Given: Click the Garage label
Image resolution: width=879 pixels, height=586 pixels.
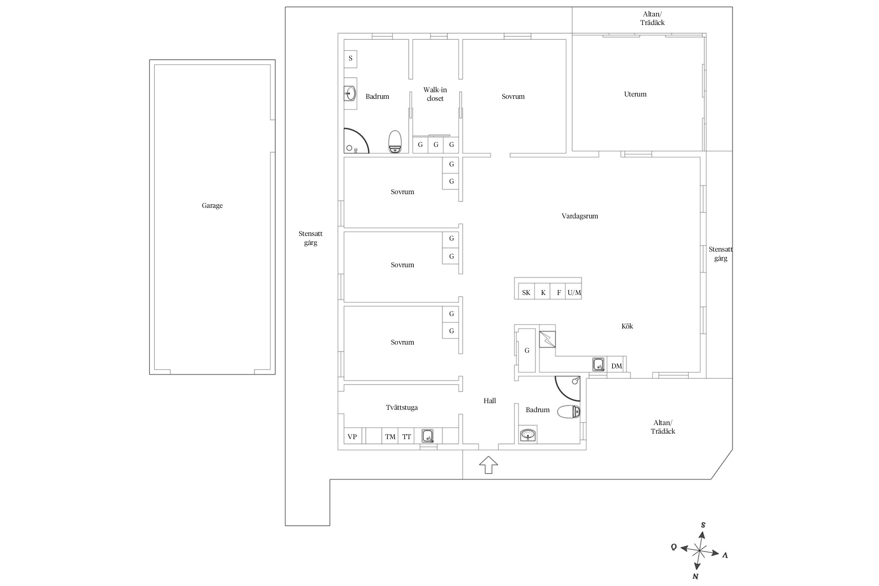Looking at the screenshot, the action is coord(212,206).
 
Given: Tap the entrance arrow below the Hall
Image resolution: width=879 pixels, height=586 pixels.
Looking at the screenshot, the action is coord(488,465).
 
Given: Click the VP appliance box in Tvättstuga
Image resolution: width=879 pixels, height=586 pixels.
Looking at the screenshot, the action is coord(352,436).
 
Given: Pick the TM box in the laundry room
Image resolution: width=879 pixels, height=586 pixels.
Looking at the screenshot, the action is coord(390,436).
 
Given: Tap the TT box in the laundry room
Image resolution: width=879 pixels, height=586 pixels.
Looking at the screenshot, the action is coord(407,436).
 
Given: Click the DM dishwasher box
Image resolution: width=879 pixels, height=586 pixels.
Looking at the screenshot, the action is coord(616,366).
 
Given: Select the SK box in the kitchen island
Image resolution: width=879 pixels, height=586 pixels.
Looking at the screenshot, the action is coord(526,293).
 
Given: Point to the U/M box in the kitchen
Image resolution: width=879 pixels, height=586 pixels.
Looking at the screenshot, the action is coord(574,293).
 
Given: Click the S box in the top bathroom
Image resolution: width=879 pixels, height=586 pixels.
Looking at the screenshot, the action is coord(350,59).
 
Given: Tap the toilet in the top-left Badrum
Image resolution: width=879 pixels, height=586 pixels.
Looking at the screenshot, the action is coord(395,141).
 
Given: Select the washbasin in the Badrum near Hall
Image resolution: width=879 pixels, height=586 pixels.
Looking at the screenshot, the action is coord(528,434).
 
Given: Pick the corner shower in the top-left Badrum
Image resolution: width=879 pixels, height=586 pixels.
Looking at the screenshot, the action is coord(356,141).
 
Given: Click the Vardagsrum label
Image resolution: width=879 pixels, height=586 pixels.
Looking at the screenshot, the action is coord(580,216).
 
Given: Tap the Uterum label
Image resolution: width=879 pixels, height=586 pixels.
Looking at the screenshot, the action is coord(635,94).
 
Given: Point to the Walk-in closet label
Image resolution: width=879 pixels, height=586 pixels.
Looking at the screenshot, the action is coord(435,94).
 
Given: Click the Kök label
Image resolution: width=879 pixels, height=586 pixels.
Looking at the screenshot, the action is coord(627,326).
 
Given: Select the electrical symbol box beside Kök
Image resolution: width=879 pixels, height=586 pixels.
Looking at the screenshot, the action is coord(547,339).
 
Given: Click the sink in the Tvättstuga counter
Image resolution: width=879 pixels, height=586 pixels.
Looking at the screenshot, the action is coord(428,436).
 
